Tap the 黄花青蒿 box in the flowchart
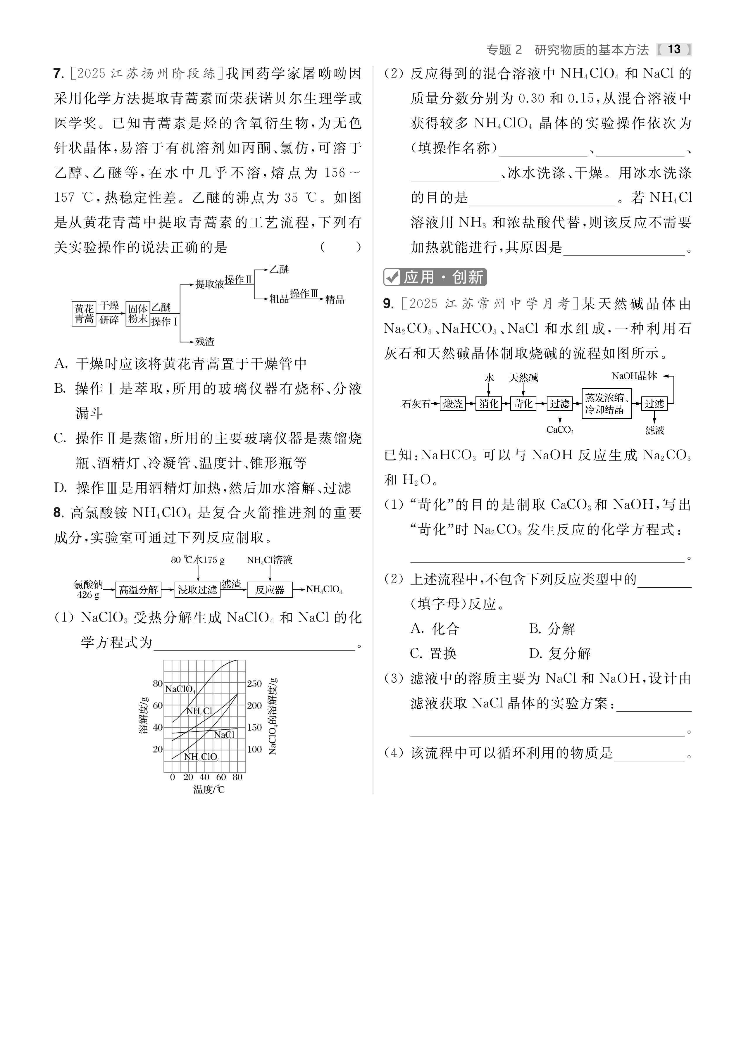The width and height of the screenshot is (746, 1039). pyautogui.click(x=84, y=314)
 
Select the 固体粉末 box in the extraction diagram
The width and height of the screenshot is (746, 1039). pyautogui.click(x=137, y=314)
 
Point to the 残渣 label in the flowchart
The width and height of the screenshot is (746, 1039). pyautogui.click(x=204, y=341)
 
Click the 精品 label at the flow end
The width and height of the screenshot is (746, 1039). pyautogui.click(x=335, y=300)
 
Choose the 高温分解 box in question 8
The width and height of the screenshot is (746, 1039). pyautogui.click(x=138, y=590)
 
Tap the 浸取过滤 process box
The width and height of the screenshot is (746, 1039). pyautogui.click(x=197, y=590)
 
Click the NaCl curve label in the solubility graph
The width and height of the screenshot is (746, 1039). pyautogui.click(x=224, y=735)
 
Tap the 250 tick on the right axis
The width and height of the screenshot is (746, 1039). pyautogui.click(x=254, y=684)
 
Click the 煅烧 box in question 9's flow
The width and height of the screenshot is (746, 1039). pyautogui.click(x=453, y=404)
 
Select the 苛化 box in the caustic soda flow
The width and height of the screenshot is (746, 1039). pyautogui.click(x=523, y=404)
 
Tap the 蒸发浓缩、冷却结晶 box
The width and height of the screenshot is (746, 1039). pyautogui.click(x=606, y=404)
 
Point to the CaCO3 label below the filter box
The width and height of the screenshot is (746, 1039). pyautogui.click(x=560, y=430)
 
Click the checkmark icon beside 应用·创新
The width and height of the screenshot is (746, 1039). pyautogui.click(x=392, y=277)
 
